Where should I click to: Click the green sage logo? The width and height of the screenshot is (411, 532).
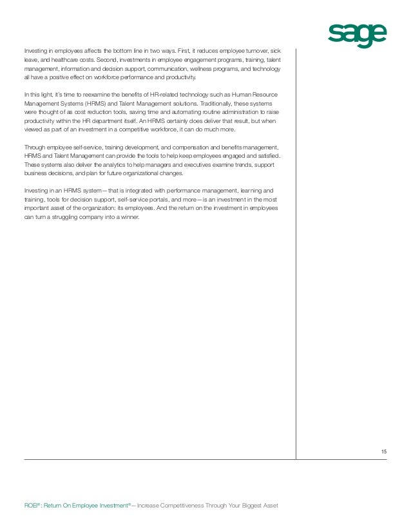click(358, 35)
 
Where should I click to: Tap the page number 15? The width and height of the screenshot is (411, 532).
click(384, 452)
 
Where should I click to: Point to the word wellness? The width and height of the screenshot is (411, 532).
click(193, 67)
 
